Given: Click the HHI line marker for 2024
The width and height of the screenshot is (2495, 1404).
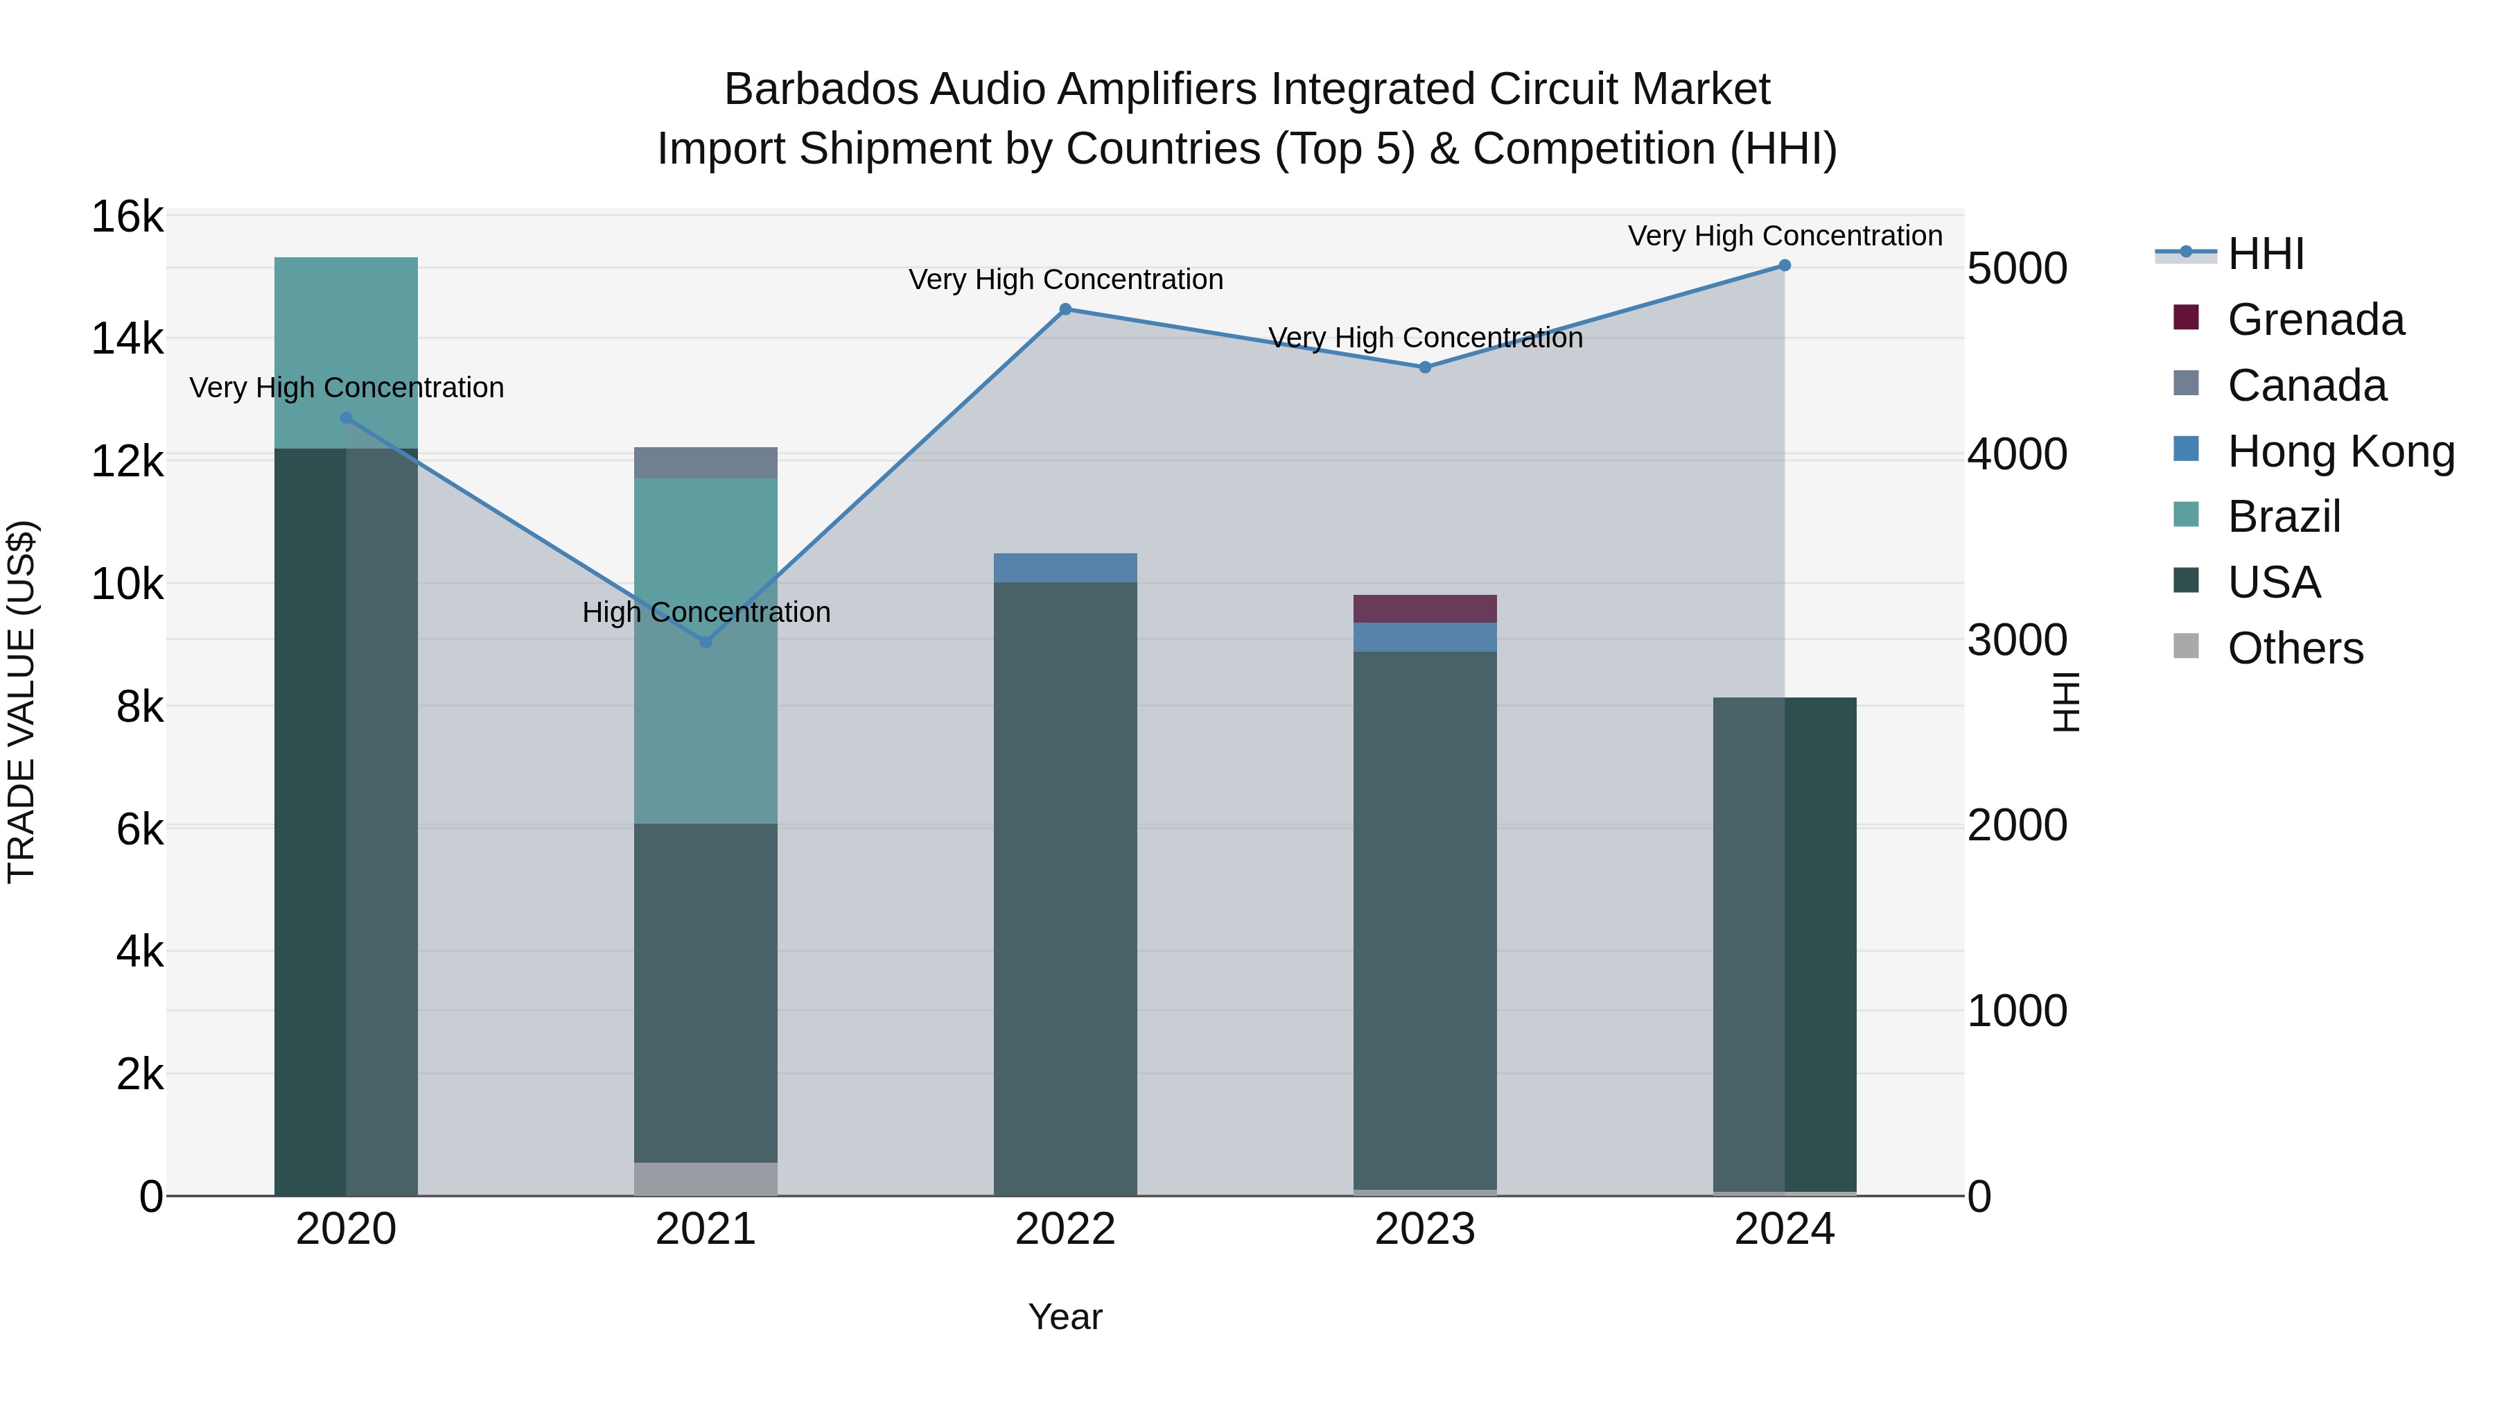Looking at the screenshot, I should click(1784, 266).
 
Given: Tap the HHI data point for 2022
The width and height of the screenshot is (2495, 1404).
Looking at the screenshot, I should click(1065, 309).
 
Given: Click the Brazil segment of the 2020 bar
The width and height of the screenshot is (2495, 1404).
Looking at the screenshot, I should click(346, 353).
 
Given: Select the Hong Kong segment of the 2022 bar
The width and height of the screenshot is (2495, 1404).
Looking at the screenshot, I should click(1065, 568).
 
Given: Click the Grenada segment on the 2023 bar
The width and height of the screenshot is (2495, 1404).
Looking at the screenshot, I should click(1425, 609).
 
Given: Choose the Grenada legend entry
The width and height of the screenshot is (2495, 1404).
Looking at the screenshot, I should click(2315, 320).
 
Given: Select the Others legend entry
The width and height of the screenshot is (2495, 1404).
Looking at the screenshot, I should click(2295, 648).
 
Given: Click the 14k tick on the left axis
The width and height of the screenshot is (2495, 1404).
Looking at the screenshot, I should click(127, 339).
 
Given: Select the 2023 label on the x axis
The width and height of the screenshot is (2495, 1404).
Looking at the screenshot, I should click(1425, 1229).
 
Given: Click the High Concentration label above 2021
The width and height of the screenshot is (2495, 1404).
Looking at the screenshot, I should click(706, 612).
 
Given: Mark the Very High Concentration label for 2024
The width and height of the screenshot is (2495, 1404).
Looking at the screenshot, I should click(1784, 236).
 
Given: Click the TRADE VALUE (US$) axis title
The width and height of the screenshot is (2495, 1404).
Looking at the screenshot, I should click(21, 702).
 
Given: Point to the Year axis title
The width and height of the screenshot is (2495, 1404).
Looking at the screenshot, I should click(1065, 1317).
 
